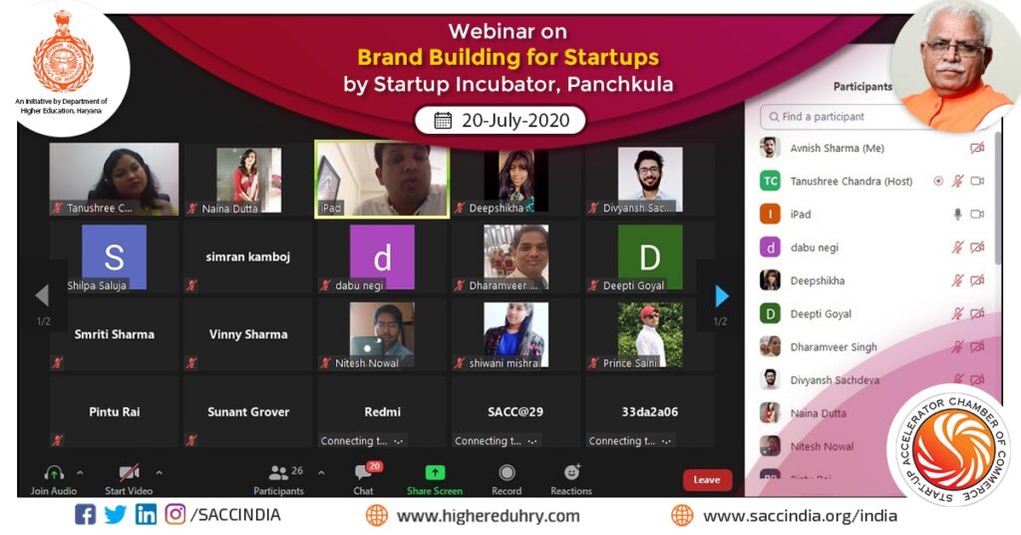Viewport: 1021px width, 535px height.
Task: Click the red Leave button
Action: (x=707, y=480)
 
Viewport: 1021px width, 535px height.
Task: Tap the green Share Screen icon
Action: (x=435, y=473)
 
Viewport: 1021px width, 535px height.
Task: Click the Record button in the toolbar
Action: (x=507, y=473)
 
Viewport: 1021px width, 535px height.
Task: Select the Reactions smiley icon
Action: (x=571, y=473)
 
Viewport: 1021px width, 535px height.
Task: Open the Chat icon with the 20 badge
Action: (x=364, y=473)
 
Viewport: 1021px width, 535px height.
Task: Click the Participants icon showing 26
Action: (x=279, y=473)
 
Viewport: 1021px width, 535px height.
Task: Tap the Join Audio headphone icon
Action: (x=54, y=473)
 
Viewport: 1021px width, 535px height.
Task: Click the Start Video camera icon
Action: (x=129, y=473)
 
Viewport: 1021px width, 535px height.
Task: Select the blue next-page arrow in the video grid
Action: (x=722, y=295)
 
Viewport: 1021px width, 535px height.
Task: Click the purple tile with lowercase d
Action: (x=382, y=258)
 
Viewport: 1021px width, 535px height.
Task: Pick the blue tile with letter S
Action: (x=114, y=257)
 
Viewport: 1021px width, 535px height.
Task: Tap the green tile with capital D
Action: (x=649, y=257)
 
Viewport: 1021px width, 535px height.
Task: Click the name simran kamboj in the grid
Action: (x=248, y=257)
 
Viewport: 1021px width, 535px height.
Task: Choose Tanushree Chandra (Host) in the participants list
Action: (x=851, y=182)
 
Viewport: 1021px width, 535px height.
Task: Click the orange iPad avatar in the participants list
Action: (x=770, y=215)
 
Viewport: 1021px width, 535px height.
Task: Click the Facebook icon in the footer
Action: (x=86, y=515)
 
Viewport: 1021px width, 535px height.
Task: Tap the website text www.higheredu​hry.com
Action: (x=488, y=516)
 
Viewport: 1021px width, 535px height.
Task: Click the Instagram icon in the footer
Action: (x=175, y=515)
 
